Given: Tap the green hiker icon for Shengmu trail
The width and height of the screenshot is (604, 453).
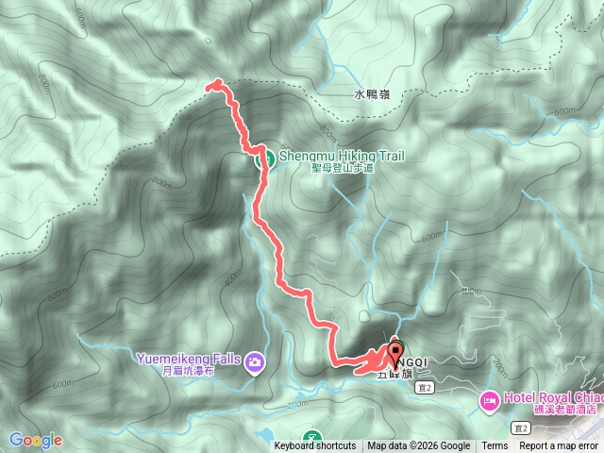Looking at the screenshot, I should tap(267, 158).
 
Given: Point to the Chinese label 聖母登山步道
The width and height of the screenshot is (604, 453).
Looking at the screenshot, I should tap(329, 169).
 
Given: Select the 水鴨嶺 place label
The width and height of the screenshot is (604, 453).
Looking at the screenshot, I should tap(372, 94).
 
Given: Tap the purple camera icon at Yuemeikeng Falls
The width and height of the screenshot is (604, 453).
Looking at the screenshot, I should tap(255, 361).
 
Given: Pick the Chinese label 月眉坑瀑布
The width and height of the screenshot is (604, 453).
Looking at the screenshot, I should tap(193, 371).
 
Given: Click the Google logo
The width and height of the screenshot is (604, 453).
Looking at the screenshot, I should tap(35, 440).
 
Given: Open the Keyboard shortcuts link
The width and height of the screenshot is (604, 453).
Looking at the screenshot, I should tap(315, 446).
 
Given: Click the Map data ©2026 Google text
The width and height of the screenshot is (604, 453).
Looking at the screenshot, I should tap(419, 446).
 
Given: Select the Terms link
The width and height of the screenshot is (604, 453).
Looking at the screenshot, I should tap(495, 446).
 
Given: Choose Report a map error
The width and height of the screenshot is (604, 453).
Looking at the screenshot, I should tap(560, 446).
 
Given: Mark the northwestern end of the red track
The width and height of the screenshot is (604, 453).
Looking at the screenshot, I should tap(209, 87).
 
